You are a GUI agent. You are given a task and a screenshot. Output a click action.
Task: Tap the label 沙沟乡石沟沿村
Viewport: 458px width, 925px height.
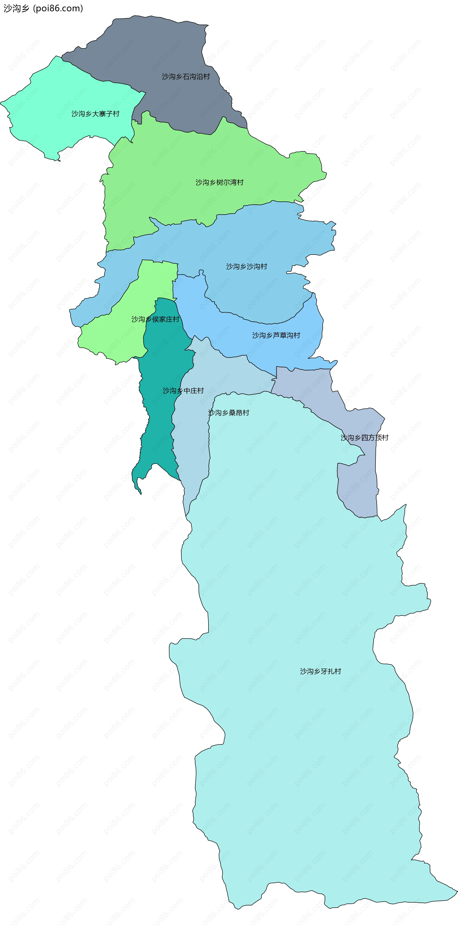pos(186,77)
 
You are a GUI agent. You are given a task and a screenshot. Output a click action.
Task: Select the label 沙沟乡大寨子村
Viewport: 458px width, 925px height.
pos(95,114)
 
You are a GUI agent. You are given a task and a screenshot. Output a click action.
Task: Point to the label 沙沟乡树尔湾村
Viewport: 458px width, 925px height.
pos(219,183)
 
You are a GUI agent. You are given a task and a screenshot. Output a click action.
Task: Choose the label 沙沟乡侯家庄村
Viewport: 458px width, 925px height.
pos(155,319)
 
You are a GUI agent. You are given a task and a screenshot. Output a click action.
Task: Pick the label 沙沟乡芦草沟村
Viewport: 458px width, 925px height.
pos(276,335)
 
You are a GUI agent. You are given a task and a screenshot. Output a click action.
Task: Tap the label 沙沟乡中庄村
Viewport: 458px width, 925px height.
pos(183,391)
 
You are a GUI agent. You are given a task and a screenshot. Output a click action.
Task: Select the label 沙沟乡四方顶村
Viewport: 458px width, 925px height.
pos(364,438)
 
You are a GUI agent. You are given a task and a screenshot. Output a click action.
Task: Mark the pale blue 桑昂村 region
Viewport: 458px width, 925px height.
pos(194,449)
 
